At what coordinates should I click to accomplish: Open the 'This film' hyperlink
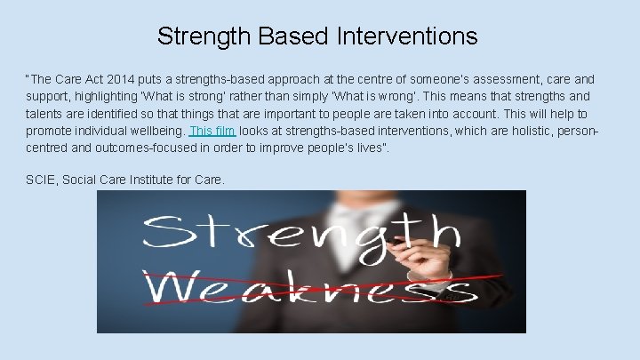click(212, 131)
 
